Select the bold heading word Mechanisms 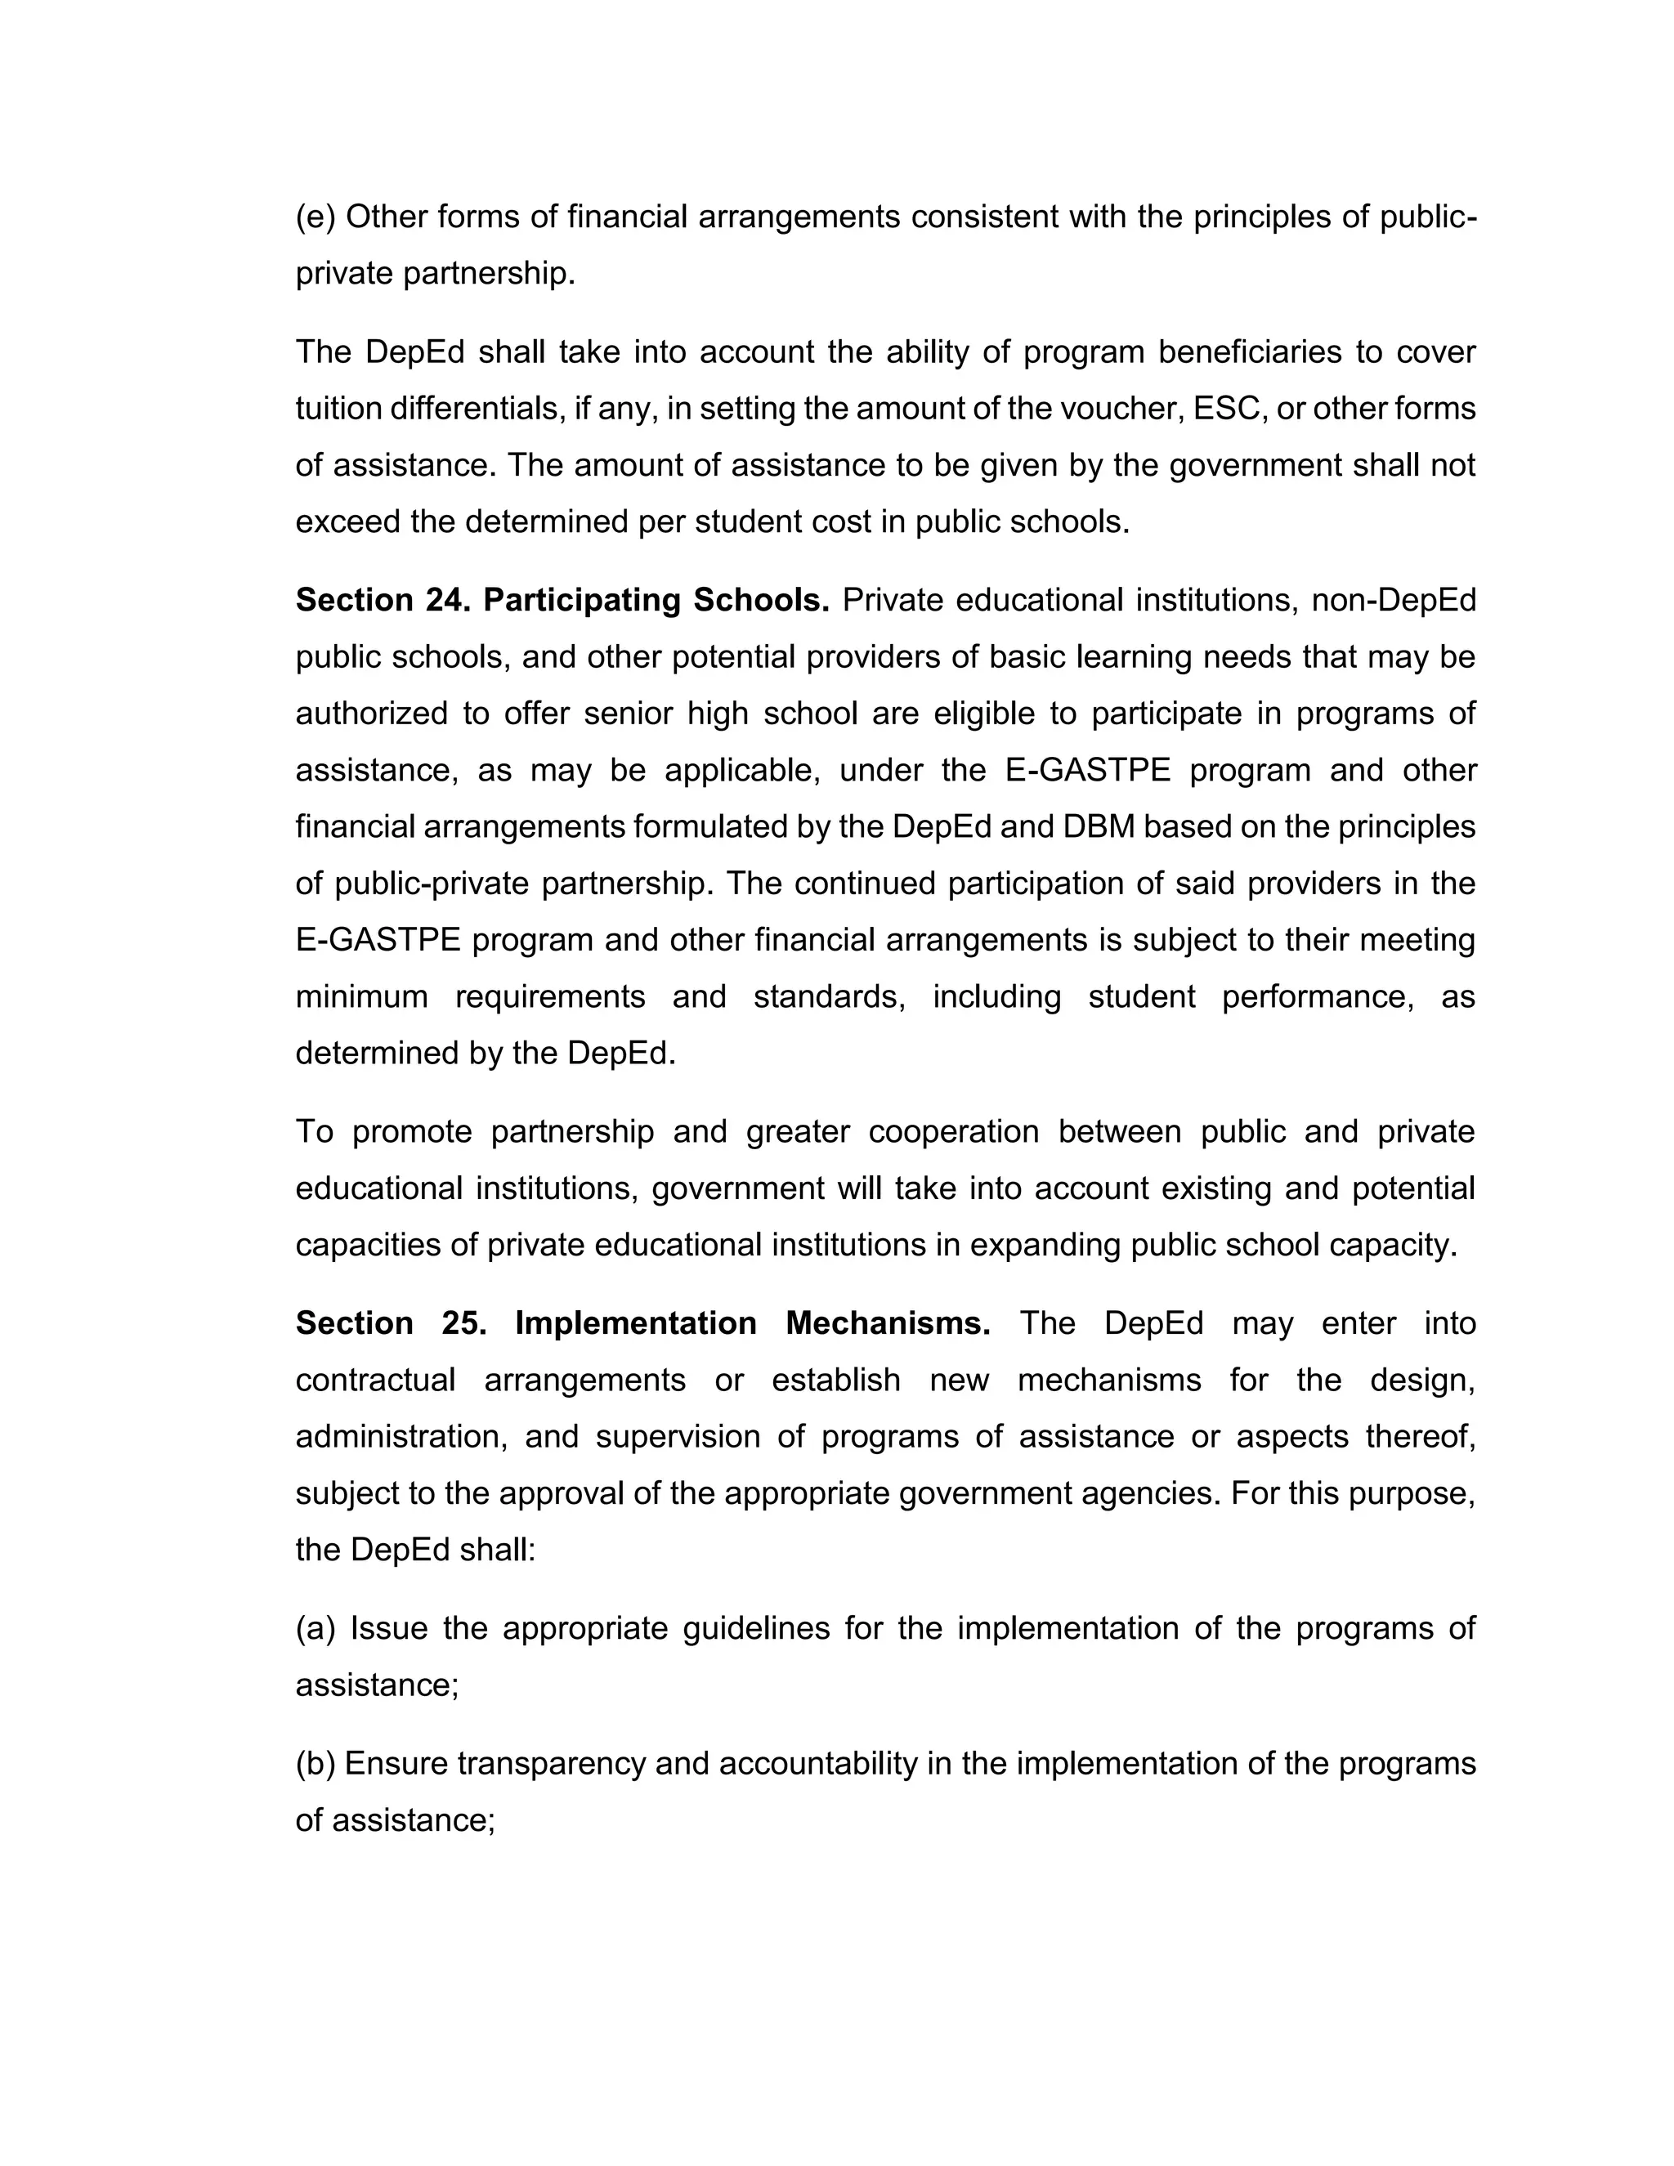coord(888,1324)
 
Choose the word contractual coord(375,1381)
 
